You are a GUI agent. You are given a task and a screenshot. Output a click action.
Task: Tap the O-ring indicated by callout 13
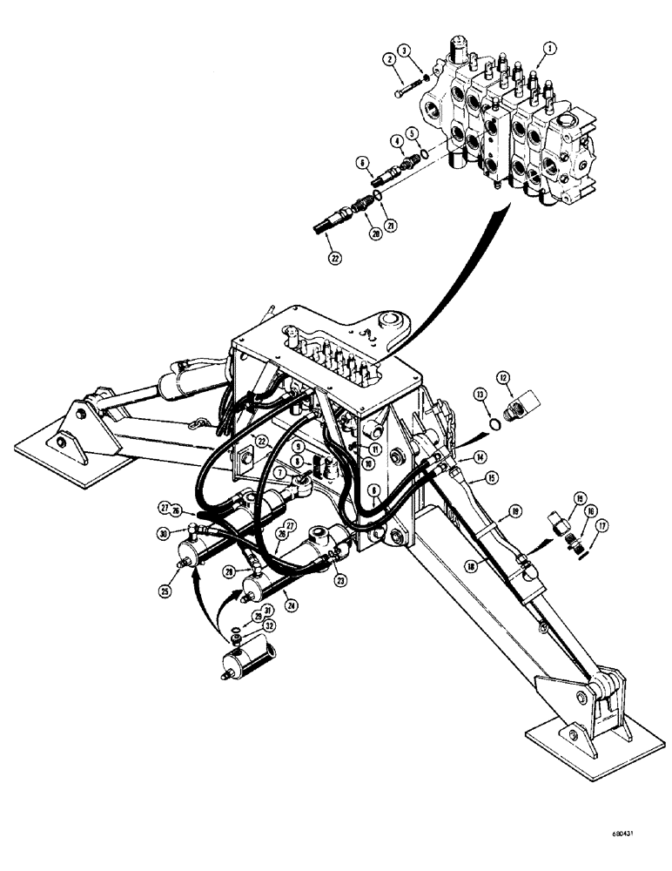[494, 425]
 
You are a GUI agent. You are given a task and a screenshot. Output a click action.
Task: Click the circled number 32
[272, 625]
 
